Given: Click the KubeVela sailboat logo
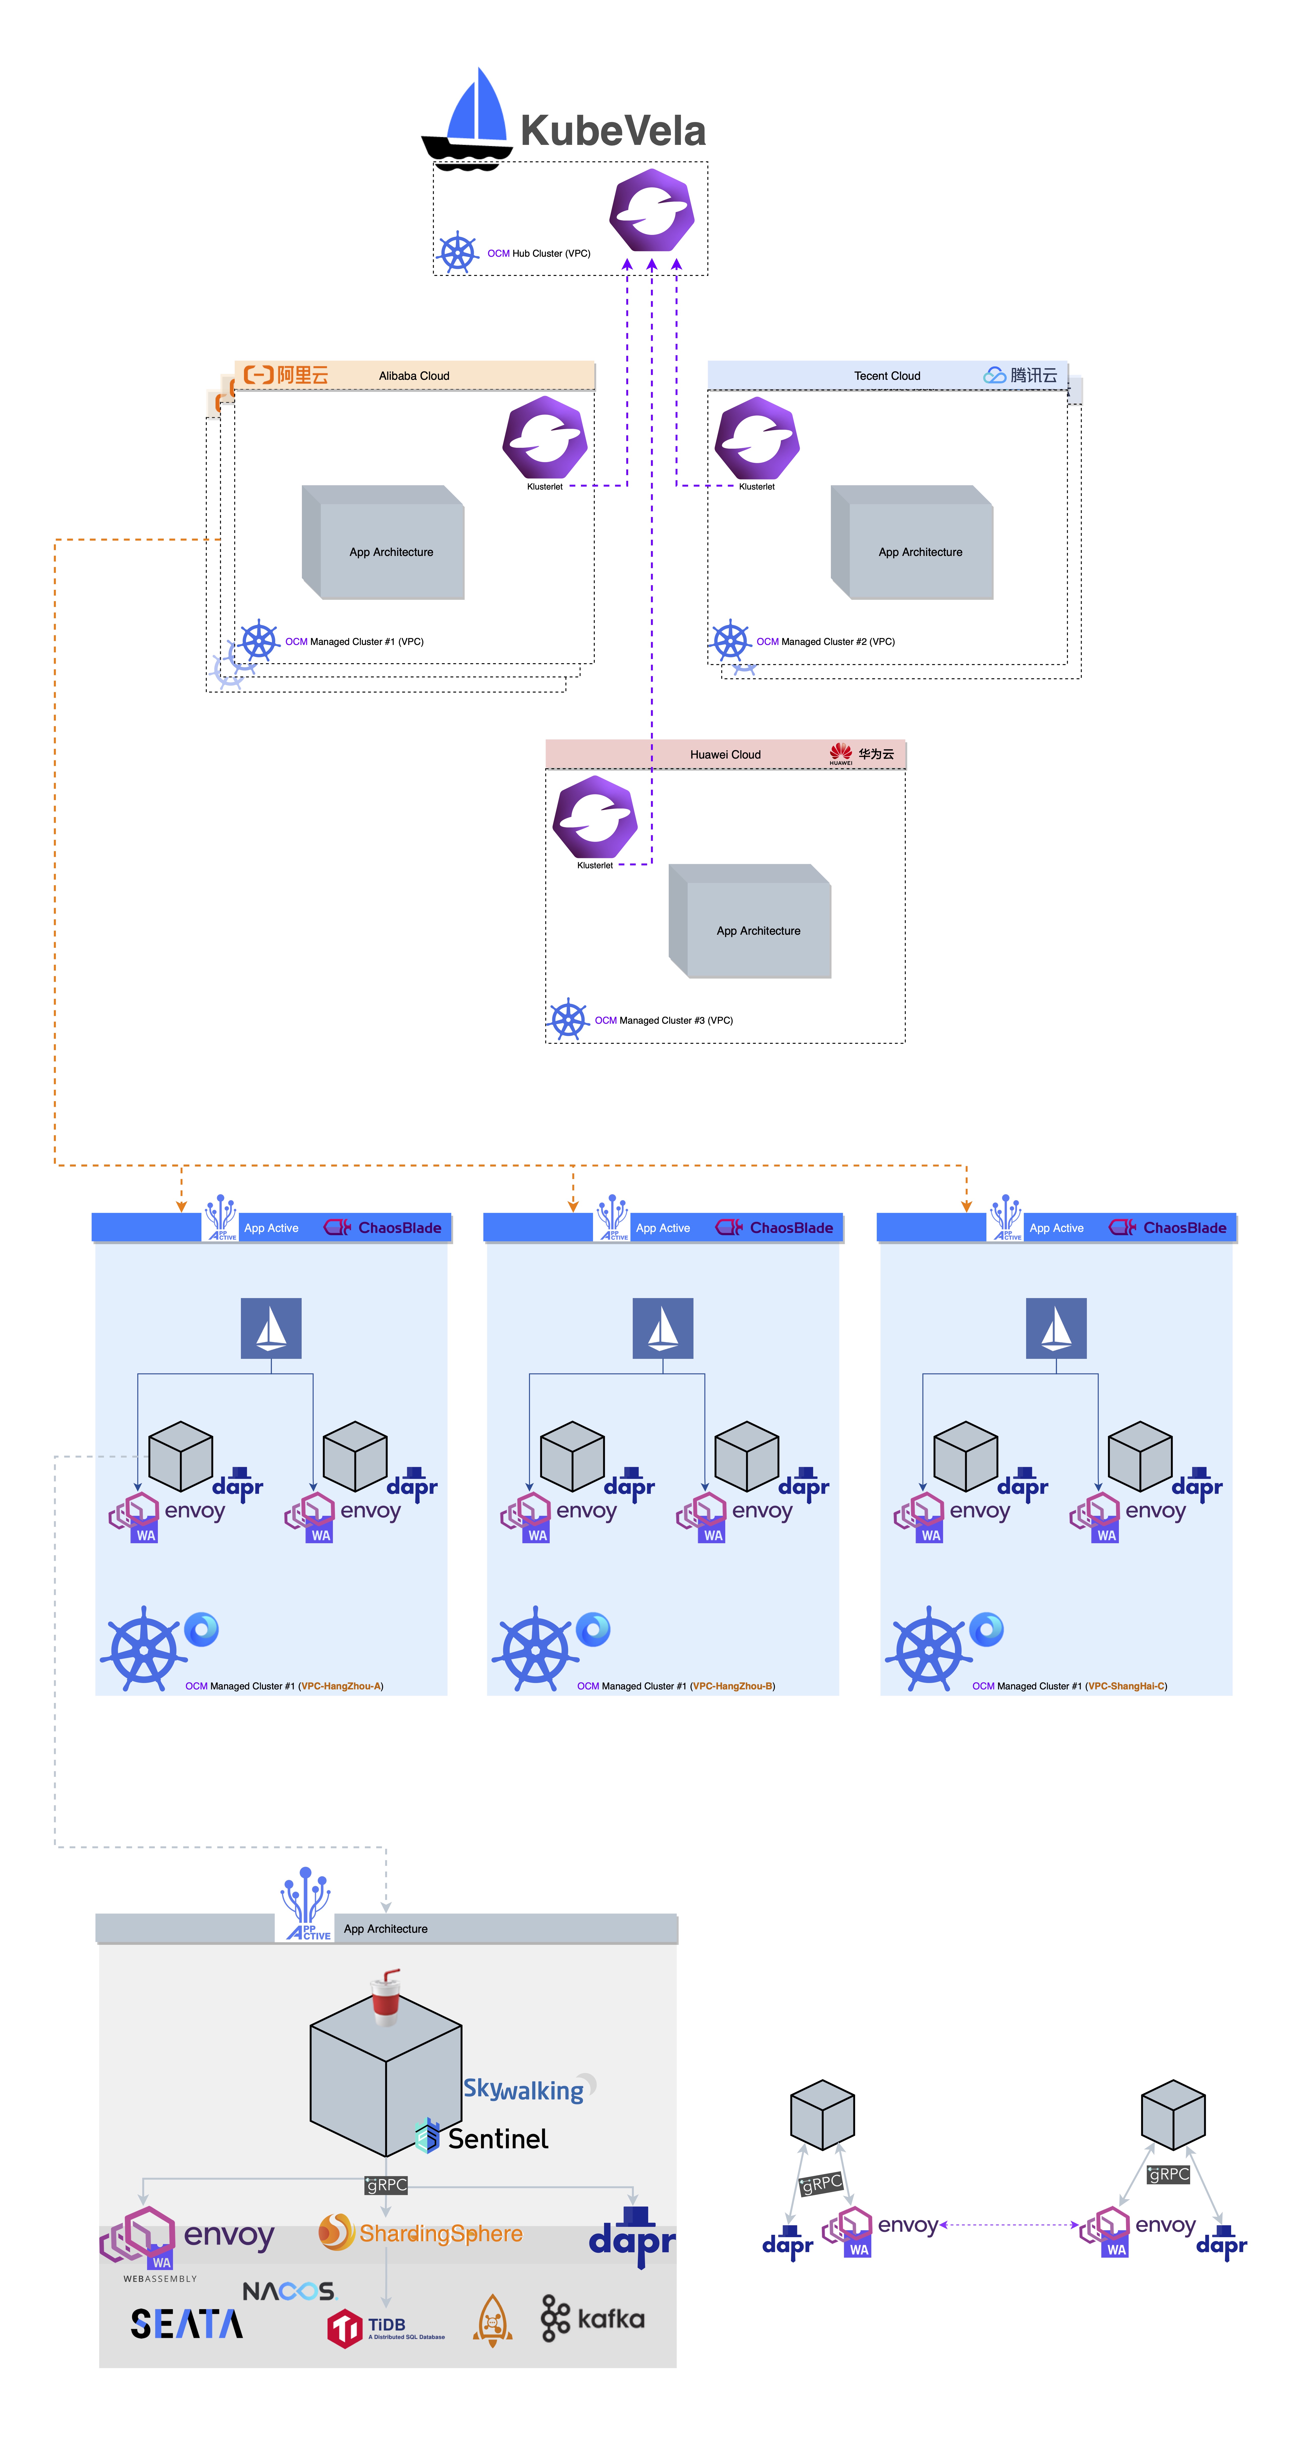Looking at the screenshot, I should point(468,119).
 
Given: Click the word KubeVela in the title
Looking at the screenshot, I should point(612,131).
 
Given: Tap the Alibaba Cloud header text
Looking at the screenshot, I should point(414,375).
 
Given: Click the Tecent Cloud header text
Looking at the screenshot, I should point(886,375).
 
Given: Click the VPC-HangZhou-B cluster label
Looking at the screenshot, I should point(675,1686).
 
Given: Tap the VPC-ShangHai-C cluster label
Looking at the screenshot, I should point(1069,1686).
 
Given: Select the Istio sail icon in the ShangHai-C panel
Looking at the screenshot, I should point(1055,1328).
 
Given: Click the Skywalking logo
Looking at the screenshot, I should point(525,2089).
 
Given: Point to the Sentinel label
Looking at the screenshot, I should point(497,2139).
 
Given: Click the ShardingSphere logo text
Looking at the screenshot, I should point(439,2234).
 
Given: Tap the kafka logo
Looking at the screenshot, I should point(592,2319).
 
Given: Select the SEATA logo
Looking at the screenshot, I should point(186,2324).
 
